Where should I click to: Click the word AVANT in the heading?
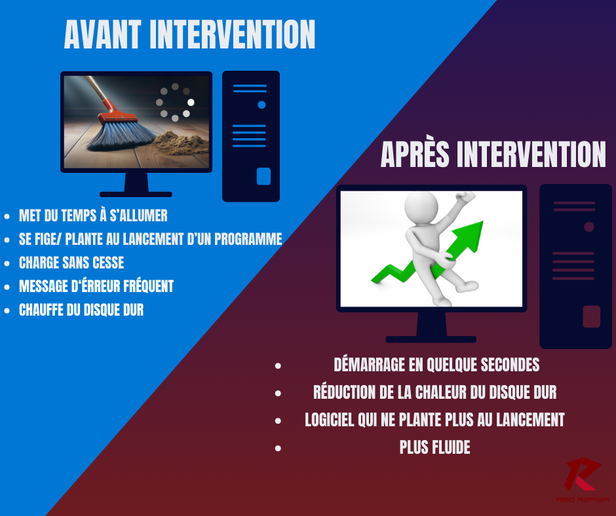tap(102, 35)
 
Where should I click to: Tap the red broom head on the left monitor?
tap(117, 115)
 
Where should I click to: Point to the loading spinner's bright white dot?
tap(191, 103)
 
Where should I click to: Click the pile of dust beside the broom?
tap(177, 143)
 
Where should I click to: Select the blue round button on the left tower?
tap(261, 105)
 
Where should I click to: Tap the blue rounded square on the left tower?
tap(263, 176)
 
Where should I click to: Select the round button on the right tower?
tap(589, 227)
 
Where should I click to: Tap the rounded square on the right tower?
tap(592, 316)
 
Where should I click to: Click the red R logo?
tap(582, 474)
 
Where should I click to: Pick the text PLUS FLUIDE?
tap(435, 447)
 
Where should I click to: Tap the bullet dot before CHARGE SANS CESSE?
tap(7, 263)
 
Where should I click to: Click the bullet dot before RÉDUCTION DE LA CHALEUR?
tap(278, 393)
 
